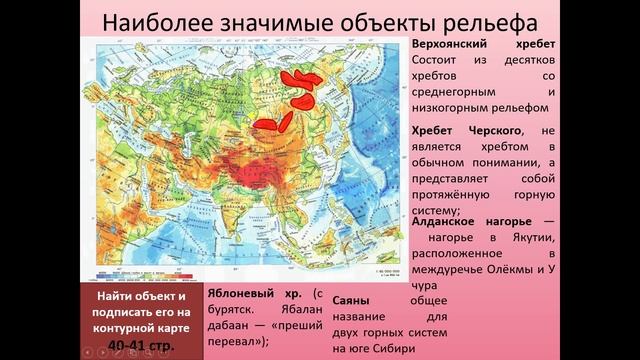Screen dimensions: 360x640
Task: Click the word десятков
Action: pos(521,65)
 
